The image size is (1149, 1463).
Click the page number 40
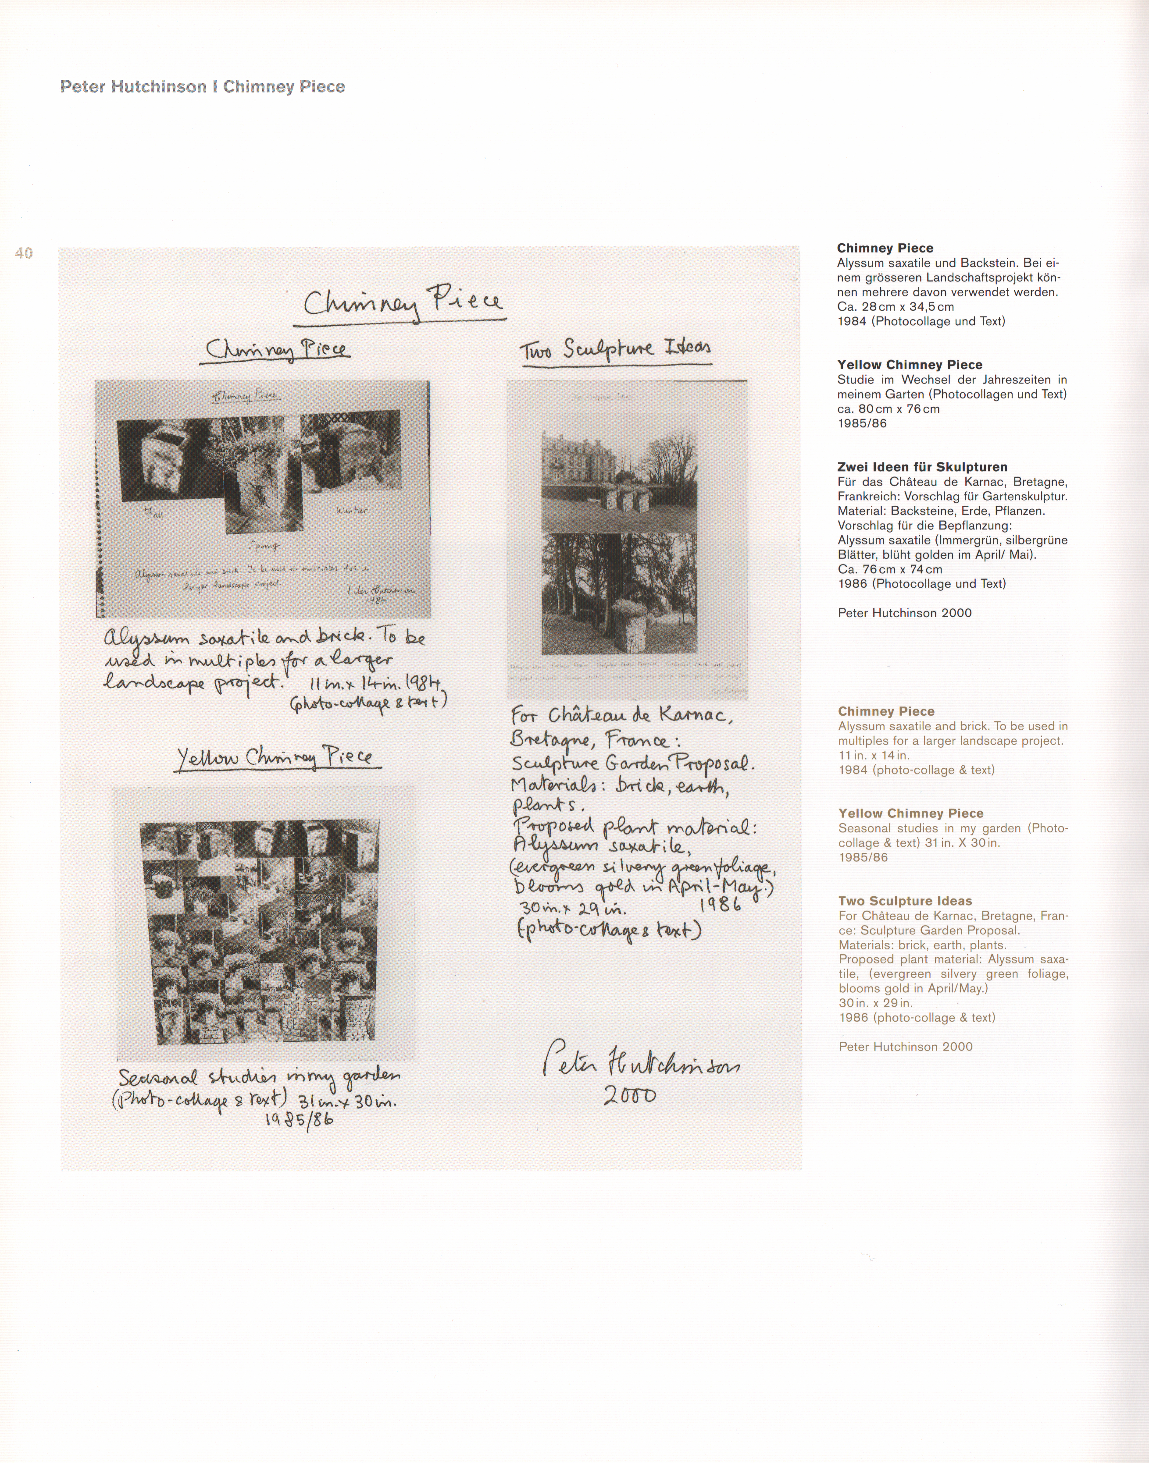[x=24, y=253]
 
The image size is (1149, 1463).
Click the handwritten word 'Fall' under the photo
[x=153, y=516]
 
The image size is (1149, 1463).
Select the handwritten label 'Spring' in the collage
[x=263, y=545]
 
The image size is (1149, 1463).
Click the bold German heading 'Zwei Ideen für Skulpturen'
[x=922, y=467]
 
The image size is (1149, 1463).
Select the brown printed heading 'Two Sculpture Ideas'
[x=905, y=901]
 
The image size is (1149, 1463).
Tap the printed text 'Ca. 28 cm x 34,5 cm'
[x=896, y=307]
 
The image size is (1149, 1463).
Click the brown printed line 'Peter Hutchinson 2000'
[x=906, y=1046]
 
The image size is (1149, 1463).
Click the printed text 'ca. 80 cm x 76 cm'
[x=888, y=409]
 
